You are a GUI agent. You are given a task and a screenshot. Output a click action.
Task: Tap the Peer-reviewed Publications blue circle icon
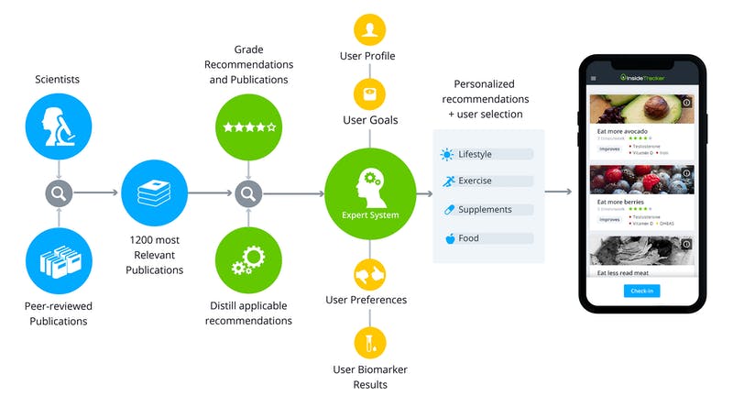[57, 259]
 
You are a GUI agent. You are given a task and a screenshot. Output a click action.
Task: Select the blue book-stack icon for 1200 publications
[154, 193]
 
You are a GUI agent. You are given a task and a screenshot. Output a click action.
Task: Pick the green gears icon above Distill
[247, 259]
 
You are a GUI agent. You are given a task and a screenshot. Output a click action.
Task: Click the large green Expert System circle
[369, 193]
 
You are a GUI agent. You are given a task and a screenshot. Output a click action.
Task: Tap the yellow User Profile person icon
[369, 29]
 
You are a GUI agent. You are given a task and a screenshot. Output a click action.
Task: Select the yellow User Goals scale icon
[369, 93]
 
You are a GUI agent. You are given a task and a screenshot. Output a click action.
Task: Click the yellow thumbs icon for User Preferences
[369, 273]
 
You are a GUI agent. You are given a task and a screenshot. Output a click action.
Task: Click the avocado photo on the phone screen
[641, 109]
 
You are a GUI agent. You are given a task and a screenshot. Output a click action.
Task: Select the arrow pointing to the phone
[558, 192]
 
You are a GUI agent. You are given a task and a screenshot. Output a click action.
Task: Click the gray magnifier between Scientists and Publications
[57, 193]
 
